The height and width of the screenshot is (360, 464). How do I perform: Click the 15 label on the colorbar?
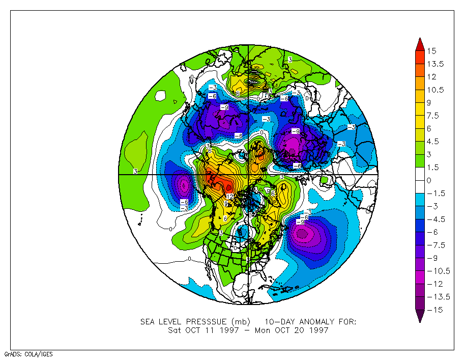click(x=432, y=51)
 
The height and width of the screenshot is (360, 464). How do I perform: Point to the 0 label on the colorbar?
click(x=429, y=180)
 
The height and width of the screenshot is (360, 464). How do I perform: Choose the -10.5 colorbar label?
click(x=438, y=271)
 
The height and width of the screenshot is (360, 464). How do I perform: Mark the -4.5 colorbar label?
click(x=436, y=219)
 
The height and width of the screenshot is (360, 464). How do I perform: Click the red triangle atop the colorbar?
click(x=420, y=44)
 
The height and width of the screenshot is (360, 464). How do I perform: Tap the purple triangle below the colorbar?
click(x=420, y=317)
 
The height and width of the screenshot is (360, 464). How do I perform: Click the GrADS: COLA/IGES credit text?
click(x=28, y=354)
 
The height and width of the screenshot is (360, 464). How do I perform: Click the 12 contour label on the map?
click(x=229, y=197)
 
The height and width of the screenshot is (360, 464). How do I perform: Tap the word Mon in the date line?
click(x=259, y=330)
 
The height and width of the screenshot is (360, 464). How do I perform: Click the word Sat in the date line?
click(x=175, y=330)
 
